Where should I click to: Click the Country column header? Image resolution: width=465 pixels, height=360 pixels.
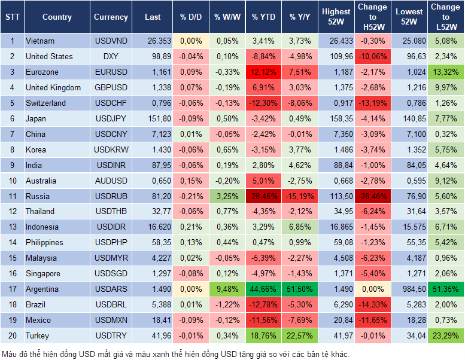coord(57,17)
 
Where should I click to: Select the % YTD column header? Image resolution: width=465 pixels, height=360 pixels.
coord(263,17)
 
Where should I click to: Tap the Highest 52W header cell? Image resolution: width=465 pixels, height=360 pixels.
coord(336,17)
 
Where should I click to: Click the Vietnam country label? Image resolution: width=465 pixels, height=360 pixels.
coord(40,41)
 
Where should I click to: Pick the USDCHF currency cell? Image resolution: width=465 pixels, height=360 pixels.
coord(111,103)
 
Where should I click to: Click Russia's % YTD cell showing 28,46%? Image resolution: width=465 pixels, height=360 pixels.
coord(263,196)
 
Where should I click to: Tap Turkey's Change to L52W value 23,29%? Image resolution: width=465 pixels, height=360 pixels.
coord(445,335)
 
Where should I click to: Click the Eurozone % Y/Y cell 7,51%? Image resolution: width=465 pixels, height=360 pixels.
coord(300,72)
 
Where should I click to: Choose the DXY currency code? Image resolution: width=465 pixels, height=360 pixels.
coord(111,56)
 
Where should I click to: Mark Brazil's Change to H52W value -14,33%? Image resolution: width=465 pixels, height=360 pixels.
coord(372,304)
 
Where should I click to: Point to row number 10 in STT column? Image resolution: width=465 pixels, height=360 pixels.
coord(12,181)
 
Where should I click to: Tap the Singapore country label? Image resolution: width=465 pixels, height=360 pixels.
coord(43,273)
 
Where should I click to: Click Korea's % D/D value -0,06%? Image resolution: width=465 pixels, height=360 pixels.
coord(191,150)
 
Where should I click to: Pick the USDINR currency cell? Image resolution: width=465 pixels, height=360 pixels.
coord(111,165)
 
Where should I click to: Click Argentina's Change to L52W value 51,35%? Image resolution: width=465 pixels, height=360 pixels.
coord(445,289)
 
